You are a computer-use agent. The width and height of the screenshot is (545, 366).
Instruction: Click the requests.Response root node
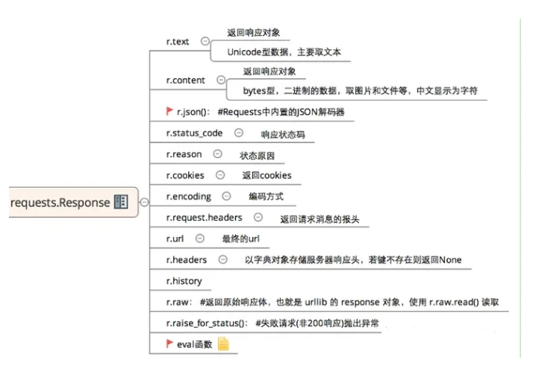[60, 202]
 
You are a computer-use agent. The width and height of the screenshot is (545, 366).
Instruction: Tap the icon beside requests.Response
[121, 202]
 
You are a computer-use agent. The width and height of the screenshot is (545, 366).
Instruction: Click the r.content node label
[187, 79]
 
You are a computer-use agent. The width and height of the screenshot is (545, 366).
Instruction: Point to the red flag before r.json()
[169, 111]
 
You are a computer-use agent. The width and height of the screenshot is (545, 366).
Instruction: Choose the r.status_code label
[194, 133]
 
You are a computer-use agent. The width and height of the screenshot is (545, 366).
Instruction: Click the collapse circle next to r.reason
[217, 154]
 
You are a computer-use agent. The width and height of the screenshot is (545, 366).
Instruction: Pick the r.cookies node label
[185, 175]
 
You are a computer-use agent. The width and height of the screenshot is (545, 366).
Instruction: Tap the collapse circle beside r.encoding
[226, 197]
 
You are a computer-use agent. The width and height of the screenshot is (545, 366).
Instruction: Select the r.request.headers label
[204, 218]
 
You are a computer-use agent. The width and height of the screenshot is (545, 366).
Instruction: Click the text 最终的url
[240, 239]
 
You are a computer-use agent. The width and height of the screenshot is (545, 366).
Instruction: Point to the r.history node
[183, 281]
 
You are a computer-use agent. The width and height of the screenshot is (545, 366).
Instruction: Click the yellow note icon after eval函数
[222, 344]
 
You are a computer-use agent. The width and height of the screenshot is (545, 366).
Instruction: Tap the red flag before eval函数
[169, 344]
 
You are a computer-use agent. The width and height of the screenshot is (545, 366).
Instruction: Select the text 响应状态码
[278, 135]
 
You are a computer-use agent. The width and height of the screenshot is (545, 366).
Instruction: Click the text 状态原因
[257, 156]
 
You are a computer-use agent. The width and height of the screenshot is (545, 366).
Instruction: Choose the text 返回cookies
[267, 176]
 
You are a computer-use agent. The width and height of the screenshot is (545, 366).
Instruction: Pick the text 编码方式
[267, 197]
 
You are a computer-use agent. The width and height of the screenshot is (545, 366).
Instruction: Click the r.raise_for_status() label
[206, 323]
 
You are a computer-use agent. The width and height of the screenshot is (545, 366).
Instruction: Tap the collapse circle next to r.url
[199, 239]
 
